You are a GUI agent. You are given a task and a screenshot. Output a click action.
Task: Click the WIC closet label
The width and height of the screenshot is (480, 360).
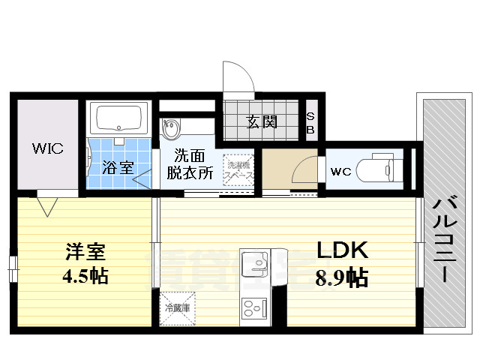tap(46, 148)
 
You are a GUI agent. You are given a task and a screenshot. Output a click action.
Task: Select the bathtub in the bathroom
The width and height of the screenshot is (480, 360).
tap(116, 118)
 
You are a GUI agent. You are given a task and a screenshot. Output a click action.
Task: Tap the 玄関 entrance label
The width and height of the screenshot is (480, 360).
tap(261, 121)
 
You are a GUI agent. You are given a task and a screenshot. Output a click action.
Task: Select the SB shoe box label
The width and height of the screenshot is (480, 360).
tap(310, 122)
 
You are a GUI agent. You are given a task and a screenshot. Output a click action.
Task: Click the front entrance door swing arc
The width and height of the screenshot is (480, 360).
tap(238, 76)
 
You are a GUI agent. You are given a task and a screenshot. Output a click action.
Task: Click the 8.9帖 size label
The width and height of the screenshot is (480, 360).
tap(340, 278)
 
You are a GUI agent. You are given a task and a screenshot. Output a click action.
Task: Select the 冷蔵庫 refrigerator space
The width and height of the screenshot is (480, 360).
tap(178, 308)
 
